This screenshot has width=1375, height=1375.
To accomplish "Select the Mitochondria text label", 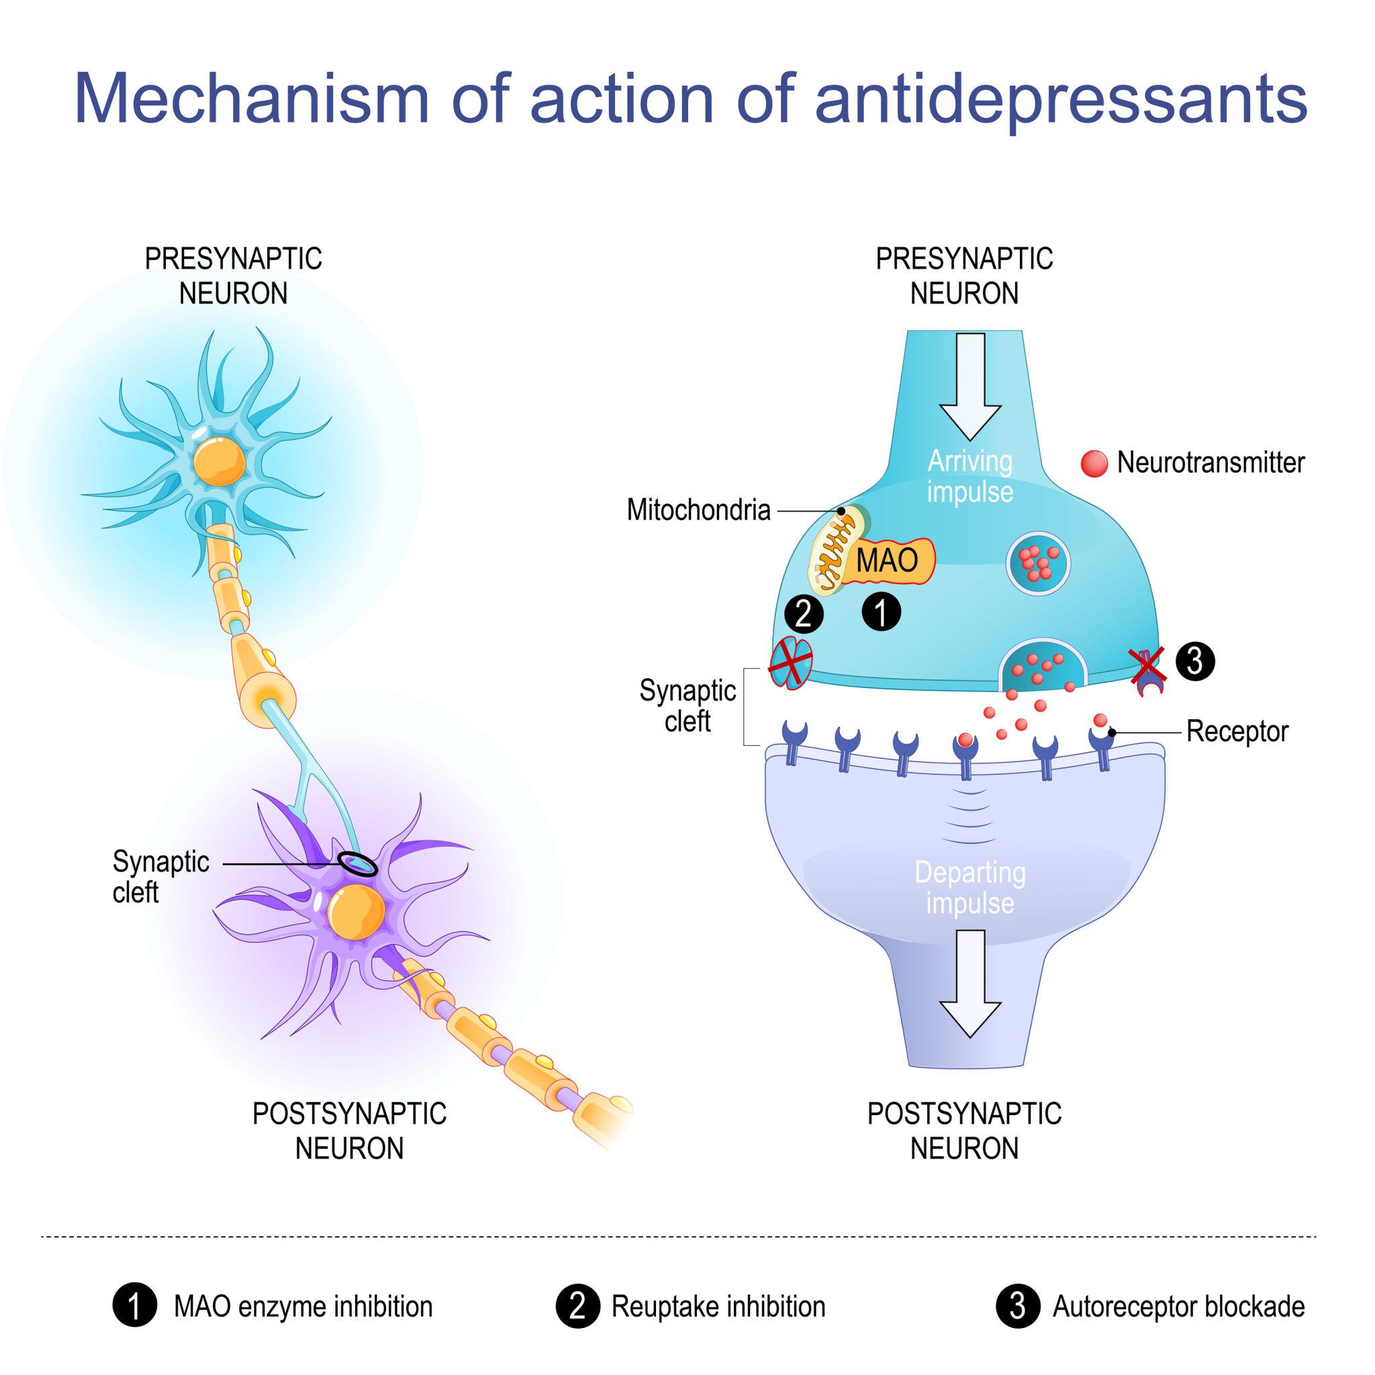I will [698, 510].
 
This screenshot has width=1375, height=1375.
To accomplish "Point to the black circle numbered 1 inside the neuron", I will [881, 612].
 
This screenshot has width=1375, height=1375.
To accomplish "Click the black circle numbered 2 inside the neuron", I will [804, 614].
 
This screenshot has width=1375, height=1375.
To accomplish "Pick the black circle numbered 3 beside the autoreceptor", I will [1195, 661].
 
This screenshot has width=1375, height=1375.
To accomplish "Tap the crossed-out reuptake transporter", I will [791, 663].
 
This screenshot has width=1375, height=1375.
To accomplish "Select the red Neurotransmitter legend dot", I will [1094, 463].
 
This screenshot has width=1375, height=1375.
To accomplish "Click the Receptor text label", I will [1237, 732].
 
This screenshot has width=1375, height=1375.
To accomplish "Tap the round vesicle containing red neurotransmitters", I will [1039, 563].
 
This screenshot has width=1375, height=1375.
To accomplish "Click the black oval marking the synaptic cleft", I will [358, 863].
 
